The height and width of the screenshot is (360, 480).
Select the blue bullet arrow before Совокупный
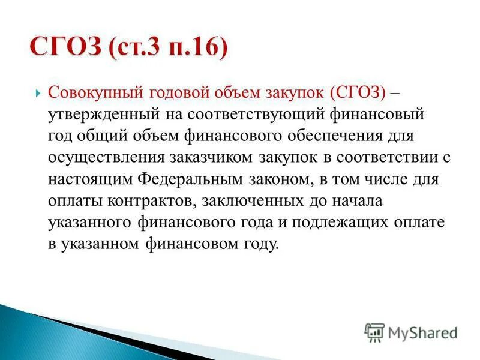tap(38, 94)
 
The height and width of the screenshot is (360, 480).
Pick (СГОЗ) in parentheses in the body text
tap(356, 94)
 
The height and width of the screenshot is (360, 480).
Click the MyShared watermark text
tap(423, 332)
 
